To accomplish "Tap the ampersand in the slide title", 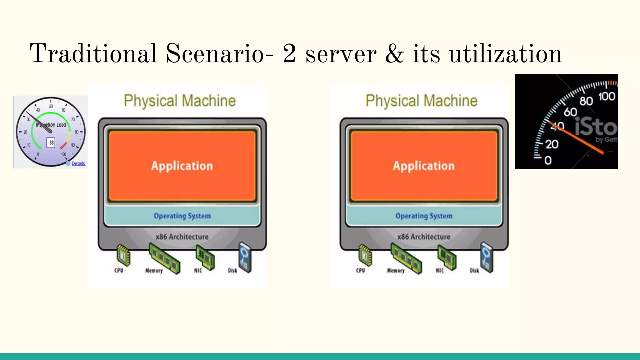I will (395, 54).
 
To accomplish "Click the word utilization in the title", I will (505, 54).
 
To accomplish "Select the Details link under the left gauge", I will (78, 163).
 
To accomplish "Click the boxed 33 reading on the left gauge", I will (51, 142).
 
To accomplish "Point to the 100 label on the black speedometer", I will (607, 96).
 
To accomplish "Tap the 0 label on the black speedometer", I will (548, 161).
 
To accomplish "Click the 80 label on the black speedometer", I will (586, 101).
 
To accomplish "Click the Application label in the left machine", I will (182, 166).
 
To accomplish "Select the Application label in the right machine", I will (424, 166).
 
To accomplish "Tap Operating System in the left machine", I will (182, 216).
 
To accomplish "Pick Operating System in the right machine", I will (424, 216).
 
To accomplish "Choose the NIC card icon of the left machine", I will (205, 257).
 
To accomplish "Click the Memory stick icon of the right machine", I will (406, 259).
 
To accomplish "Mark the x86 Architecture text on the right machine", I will (424, 237).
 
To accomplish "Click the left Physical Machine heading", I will (180, 101).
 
